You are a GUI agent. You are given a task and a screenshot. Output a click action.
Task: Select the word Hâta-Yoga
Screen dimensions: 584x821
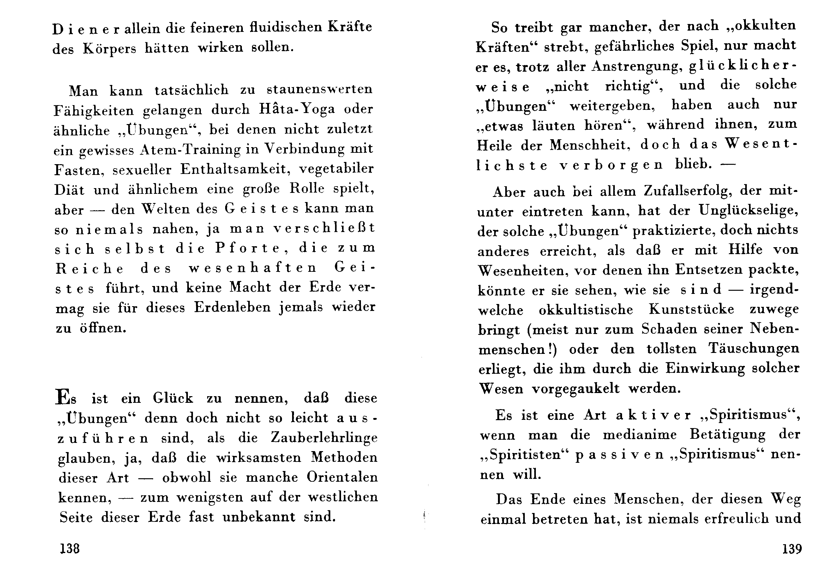[x=297, y=109]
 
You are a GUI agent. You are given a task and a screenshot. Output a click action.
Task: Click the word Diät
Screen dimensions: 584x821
[x=69, y=189]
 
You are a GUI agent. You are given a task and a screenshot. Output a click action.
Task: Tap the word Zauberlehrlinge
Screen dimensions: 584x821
[x=324, y=438]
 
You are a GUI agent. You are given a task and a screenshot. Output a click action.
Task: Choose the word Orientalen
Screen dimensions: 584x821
[x=342, y=477]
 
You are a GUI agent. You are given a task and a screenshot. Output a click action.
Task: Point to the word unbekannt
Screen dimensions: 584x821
[x=259, y=517]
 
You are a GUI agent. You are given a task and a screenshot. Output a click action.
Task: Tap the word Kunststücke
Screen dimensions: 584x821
[x=691, y=309]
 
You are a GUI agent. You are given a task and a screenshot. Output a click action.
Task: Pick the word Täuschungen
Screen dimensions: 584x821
[x=753, y=349]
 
